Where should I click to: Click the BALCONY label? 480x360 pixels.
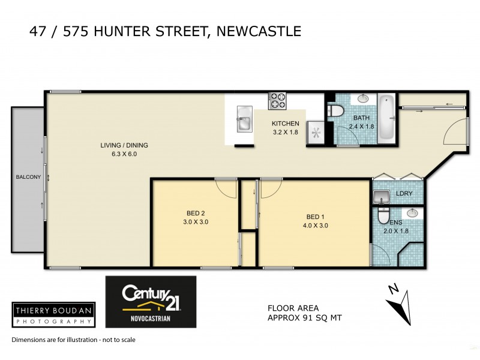pos(28,177)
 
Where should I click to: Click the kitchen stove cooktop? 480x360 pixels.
pos(277,101)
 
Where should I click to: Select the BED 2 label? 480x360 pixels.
pos(195,213)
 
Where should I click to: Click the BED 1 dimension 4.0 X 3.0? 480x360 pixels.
pos(316,226)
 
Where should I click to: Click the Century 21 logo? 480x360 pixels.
pos(151,301)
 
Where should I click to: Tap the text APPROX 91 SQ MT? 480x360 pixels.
pos(304,319)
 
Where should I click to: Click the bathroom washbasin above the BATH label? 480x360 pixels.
pos(363,99)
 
